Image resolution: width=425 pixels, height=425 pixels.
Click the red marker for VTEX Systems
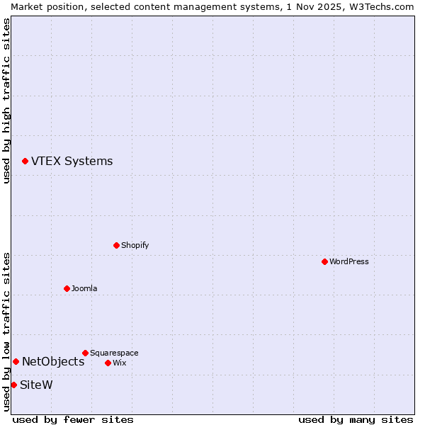click(x=25, y=161)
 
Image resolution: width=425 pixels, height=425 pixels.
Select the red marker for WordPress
click(x=324, y=261)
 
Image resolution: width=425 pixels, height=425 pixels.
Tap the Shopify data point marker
click(x=116, y=245)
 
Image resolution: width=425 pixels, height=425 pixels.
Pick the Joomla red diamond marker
click(x=67, y=288)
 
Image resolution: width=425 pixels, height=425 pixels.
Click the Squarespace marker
click(x=85, y=353)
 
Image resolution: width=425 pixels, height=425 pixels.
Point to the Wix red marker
click(x=108, y=363)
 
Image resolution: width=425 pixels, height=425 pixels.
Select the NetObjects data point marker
click(x=16, y=362)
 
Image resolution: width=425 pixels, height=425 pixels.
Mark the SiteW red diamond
click(x=13, y=385)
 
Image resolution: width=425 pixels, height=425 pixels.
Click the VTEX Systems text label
click(x=72, y=161)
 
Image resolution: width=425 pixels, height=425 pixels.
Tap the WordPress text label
click(x=348, y=261)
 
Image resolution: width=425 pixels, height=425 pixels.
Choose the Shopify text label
click(x=135, y=245)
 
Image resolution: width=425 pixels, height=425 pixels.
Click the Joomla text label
click(x=84, y=288)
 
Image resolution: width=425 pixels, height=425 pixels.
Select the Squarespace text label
click(x=114, y=353)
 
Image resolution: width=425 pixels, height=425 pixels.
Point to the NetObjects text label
click(x=53, y=362)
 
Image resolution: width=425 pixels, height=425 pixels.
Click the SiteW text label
click(x=36, y=385)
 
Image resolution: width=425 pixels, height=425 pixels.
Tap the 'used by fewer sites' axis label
click(x=73, y=419)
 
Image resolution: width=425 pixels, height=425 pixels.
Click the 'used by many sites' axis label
click(x=356, y=419)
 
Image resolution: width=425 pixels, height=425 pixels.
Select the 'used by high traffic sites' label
click(x=6, y=101)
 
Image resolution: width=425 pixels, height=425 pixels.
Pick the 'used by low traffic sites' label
click(x=6, y=331)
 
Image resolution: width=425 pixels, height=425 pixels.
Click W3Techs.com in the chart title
click(x=380, y=6)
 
